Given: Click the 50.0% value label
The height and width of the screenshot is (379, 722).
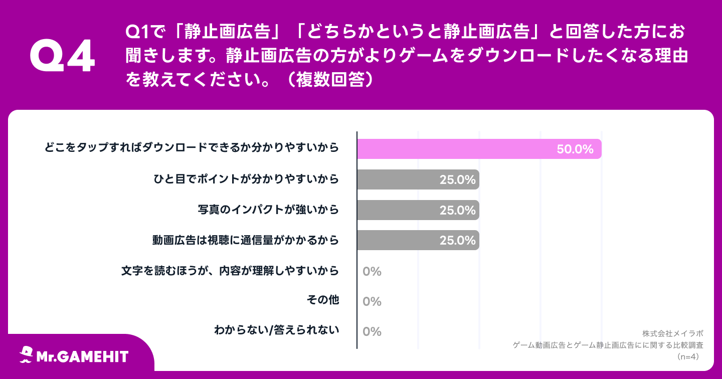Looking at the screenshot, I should (x=575, y=149).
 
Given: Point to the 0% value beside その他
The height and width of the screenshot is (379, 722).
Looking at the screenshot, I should (x=372, y=301).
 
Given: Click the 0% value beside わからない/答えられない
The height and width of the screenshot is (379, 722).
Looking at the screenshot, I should (x=372, y=331).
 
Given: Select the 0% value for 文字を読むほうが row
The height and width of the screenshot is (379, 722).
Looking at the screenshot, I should (x=372, y=271).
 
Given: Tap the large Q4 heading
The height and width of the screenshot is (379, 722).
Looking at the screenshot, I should (x=62, y=56).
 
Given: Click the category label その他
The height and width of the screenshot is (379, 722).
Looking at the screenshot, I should (x=322, y=300).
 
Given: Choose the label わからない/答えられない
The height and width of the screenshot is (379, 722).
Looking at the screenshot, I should (x=276, y=330).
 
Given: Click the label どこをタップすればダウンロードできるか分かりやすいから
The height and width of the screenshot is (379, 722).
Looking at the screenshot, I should (x=192, y=147).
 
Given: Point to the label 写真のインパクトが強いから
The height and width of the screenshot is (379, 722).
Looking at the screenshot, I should (x=268, y=209).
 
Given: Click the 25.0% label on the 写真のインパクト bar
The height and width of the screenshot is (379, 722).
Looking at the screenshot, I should (x=457, y=210).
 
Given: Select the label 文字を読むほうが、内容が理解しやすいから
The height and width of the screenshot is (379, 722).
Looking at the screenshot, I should (x=230, y=270).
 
